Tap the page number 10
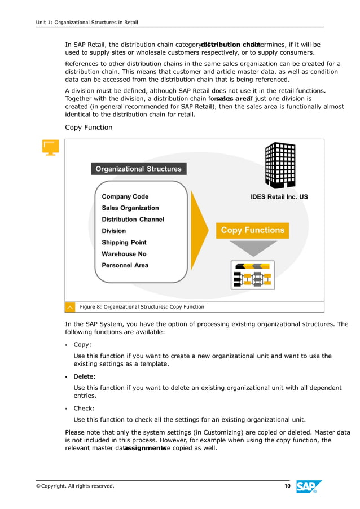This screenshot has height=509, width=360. (287, 486)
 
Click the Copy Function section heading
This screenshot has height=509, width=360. (89, 128)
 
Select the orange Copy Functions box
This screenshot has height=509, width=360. (252, 230)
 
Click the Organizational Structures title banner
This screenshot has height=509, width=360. (138, 169)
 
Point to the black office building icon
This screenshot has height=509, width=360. (280, 165)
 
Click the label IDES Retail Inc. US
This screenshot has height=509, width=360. (279, 198)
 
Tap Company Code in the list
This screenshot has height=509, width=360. (125, 196)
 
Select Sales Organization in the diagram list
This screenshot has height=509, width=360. (130, 208)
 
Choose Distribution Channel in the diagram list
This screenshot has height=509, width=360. (133, 220)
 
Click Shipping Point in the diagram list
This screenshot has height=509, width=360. (124, 242)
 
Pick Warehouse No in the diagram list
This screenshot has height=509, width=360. (124, 254)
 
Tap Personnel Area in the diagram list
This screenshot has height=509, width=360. (125, 265)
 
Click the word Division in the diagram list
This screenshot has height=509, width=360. (114, 231)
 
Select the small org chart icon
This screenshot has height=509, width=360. (252, 275)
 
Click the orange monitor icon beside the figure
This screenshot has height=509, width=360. (51, 148)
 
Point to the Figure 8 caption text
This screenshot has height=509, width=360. (142, 307)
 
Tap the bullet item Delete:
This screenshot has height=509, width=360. (85, 376)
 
